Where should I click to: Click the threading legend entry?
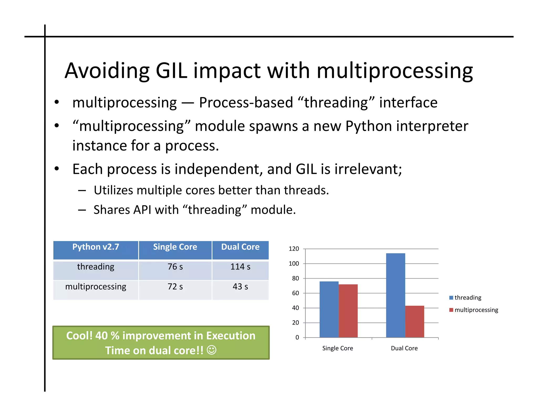pyautogui.click(x=468, y=297)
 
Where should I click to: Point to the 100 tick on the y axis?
pyautogui.click(x=294, y=263)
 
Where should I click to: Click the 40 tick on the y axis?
pyautogui.click(x=295, y=308)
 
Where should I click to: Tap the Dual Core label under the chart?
pyautogui.click(x=404, y=348)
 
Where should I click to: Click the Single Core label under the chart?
pyautogui.click(x=338, y=348)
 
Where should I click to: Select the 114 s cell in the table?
pyautogui.click(x=240, y=267)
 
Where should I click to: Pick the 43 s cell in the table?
pyautogui.click(x=240, y=286)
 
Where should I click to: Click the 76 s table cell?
pyautogui.click(x=175, y=267)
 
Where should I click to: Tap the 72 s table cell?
pyautogui.click(x=175, y=286)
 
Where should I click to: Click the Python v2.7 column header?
pyautogui.click(x=96, y=247)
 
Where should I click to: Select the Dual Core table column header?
pyautogui.click(x=240, y=247)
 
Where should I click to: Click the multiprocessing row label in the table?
pyautogui.click(x=96, y=286)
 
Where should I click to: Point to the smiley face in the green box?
pyautogui.click(x=211, y=350)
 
